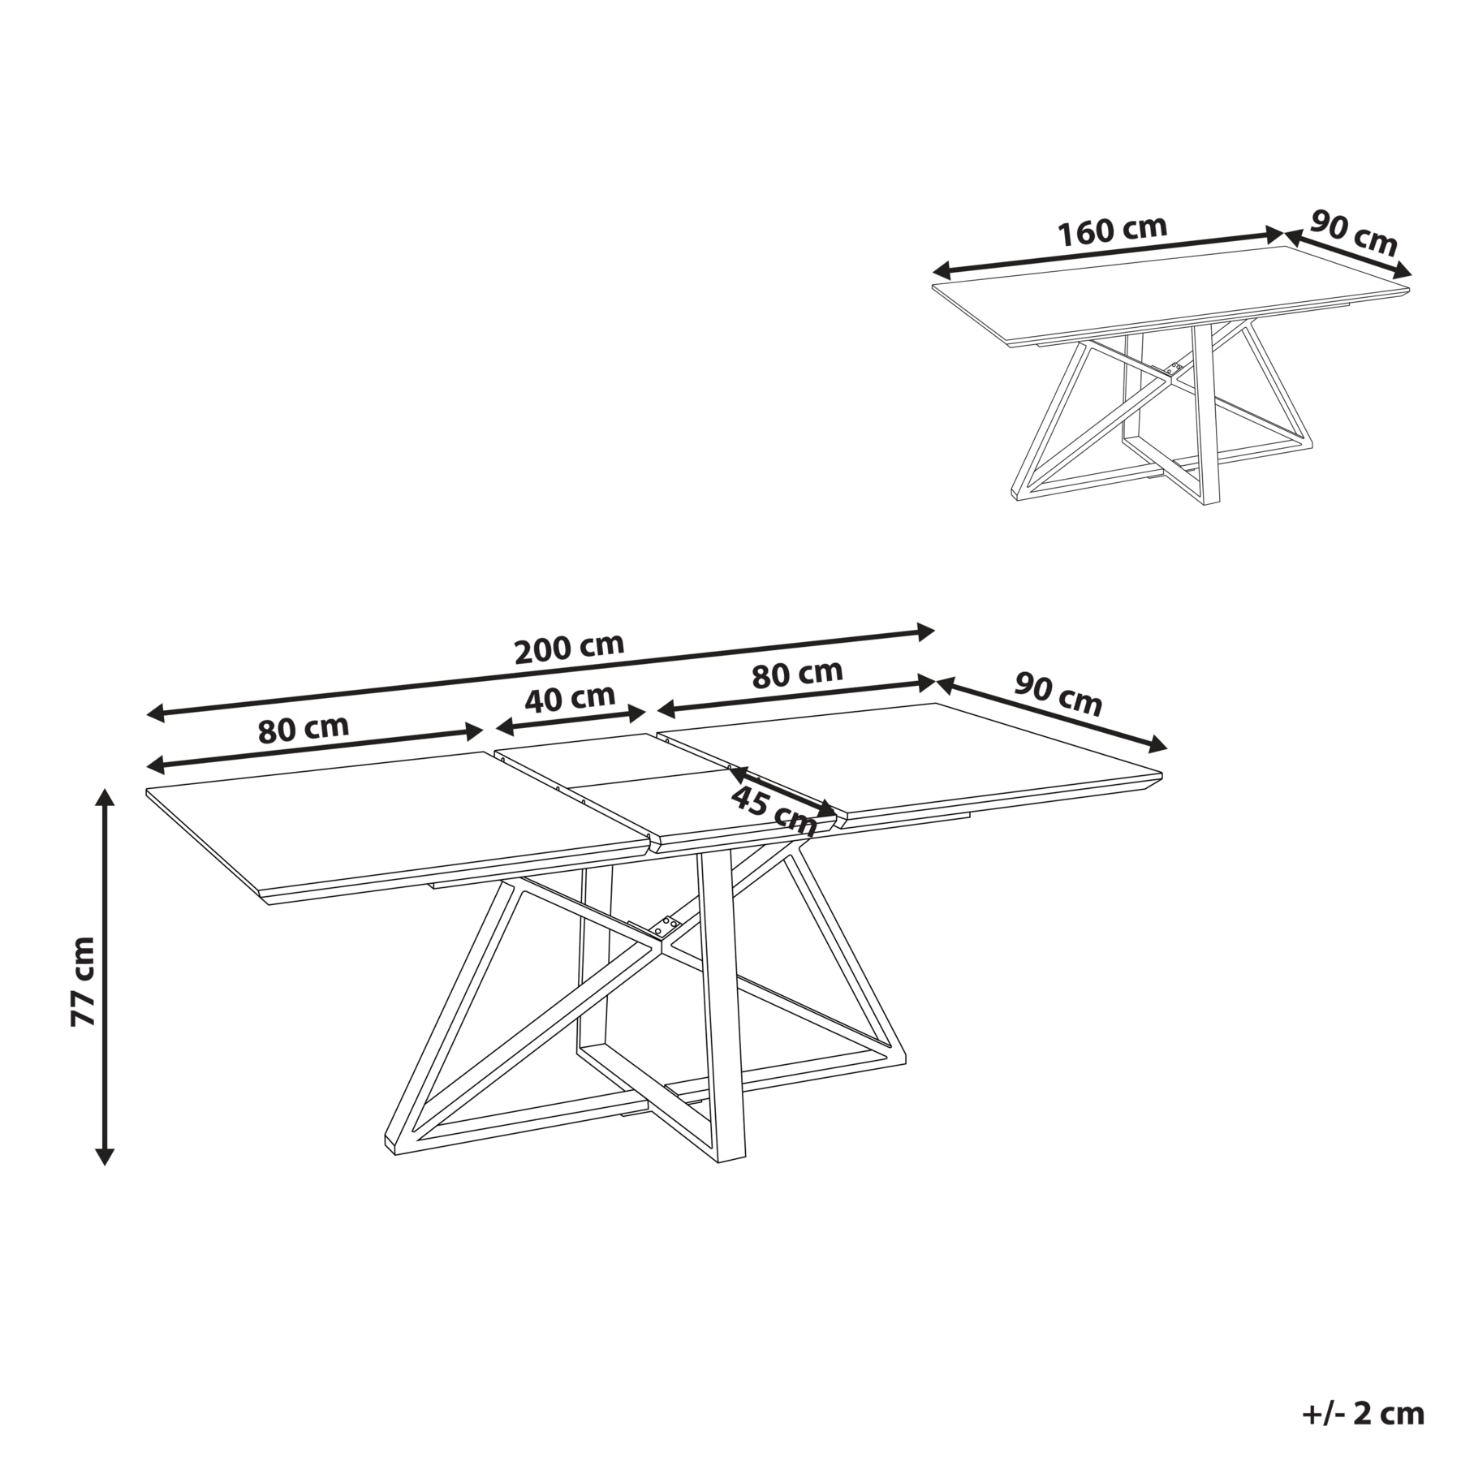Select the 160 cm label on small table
(1112, 231)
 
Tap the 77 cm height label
(83, 981)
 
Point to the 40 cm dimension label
(570, 698)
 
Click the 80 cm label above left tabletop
(304, 729)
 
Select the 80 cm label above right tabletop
(797, 674)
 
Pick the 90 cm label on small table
(1354, 234)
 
